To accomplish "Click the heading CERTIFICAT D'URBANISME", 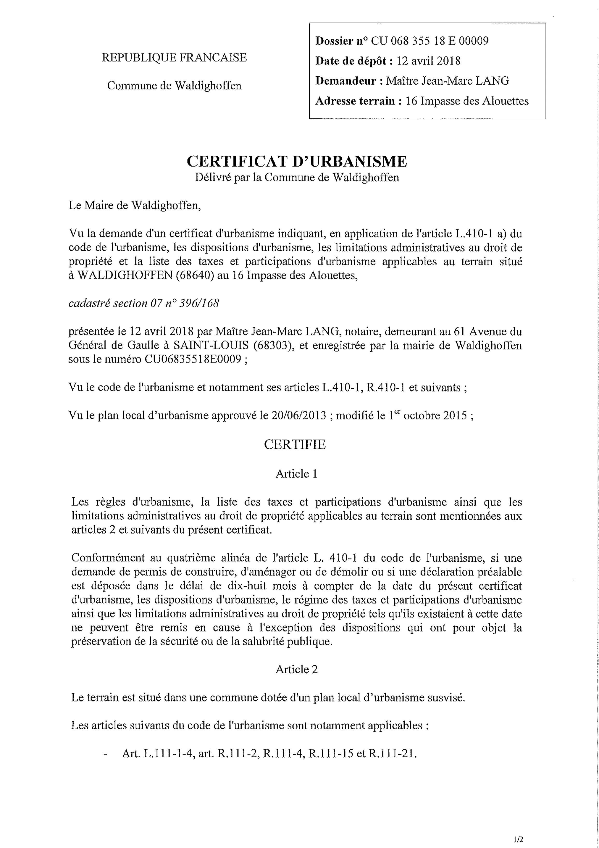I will tap(297, 162).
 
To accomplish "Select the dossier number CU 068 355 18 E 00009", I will tap(430, 41).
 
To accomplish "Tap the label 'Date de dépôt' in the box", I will tap(353, 61).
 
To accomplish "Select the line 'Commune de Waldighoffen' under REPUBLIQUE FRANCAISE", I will tap(174, 86).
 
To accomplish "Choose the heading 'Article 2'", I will tap(296, 669).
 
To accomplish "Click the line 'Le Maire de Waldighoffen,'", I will tap(135, 205).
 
